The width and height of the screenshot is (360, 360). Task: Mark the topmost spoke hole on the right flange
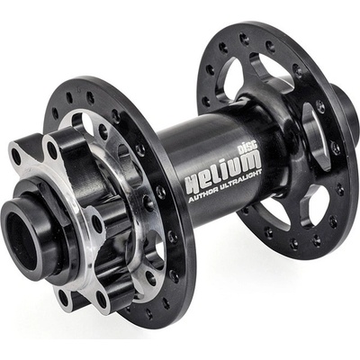click(x=243, y=39)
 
